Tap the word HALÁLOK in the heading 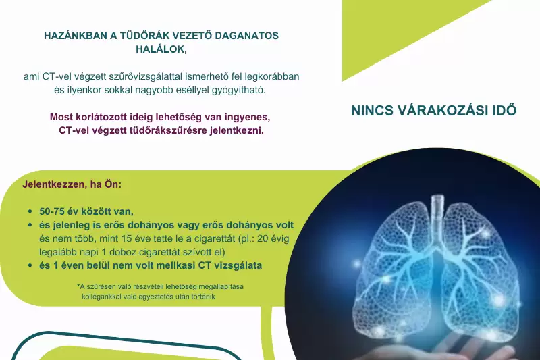click(159, 49)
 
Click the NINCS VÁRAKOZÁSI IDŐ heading click(433, 111)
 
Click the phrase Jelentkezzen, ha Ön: click(72, 184)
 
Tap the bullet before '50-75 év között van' click(30, 211)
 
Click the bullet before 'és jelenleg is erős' click(30, 225)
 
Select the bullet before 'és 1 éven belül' click(30, 265)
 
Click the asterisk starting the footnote click(78, 286)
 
